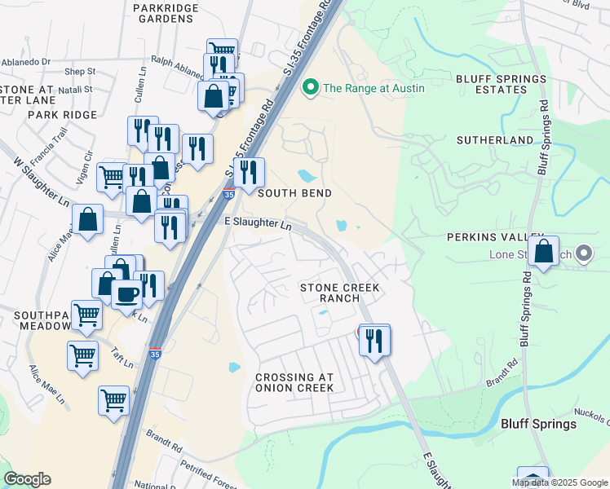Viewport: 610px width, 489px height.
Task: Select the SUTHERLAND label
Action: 494,140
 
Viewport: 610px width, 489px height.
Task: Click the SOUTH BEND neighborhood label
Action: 294,193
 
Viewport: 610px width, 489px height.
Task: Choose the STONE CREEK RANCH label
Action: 340,293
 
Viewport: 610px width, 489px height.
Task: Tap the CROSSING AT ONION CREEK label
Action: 294,382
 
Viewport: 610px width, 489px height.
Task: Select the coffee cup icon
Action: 126,294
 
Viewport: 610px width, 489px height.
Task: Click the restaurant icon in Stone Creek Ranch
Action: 374,340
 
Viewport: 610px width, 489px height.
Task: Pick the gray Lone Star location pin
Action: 583,255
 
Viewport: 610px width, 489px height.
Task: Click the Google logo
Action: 27,479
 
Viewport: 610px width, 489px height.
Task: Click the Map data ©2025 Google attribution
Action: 559,482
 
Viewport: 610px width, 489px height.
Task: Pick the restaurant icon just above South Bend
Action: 249,173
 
